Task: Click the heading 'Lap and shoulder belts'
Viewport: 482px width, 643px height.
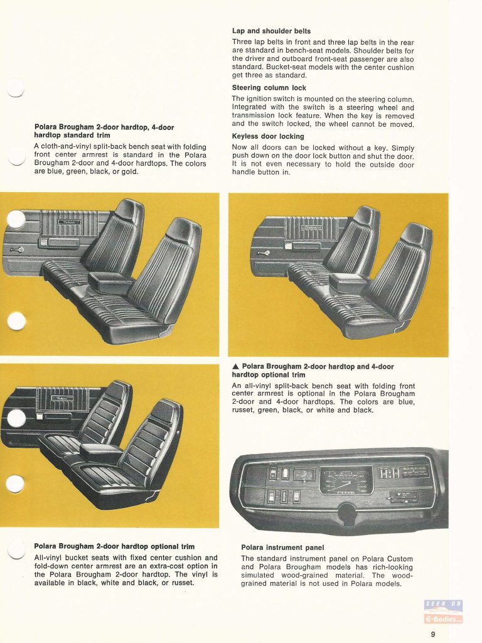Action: click(x=271, y=31)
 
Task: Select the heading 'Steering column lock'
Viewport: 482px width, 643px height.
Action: click(x=269, y=89)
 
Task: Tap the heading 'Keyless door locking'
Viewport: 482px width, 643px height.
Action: click(x=268, y=136)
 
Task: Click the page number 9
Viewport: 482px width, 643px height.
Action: click(x=433, y=634)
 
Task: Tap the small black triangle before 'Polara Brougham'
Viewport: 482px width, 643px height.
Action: click(x=235, y=367)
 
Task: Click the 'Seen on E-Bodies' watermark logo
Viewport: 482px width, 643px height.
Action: click(x=444, y=612)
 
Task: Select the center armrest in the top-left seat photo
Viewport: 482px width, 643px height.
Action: click(x=110, y=281)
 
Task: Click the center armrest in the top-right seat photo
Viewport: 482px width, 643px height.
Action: click(x=349, y=281)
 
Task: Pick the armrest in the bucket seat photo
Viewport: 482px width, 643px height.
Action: click(x=100, y=451)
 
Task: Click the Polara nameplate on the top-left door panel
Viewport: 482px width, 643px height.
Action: click(x=68, y=223)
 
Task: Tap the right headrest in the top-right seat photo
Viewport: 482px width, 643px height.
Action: click(x=416, y=235)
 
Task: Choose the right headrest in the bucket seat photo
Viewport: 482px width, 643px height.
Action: click(x=166, y=411)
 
